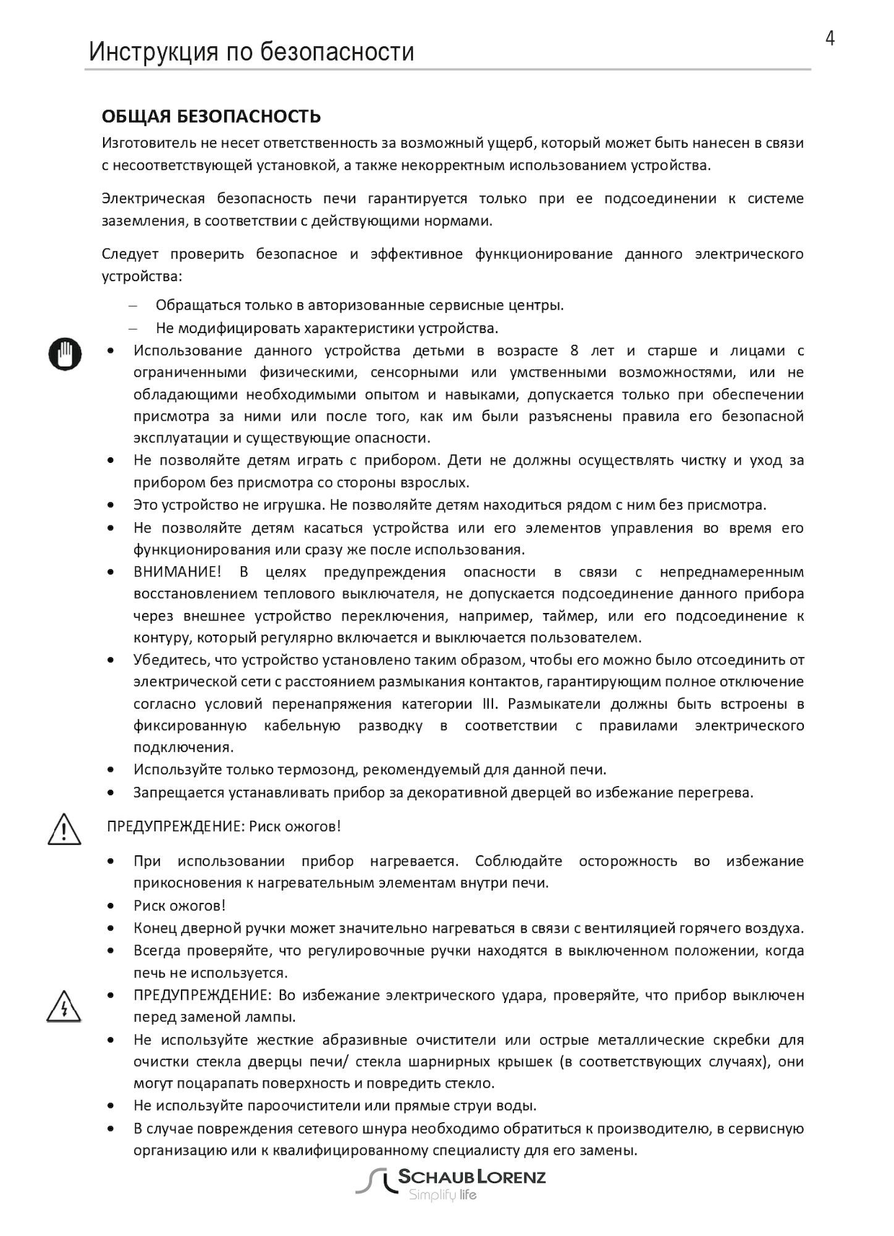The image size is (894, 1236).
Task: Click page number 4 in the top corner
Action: (830, 39)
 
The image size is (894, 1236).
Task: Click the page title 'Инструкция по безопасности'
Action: (251, 52)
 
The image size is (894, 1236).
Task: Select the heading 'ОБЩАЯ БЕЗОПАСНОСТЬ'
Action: (211, 116)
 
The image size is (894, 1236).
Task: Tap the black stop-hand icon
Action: (65, 354)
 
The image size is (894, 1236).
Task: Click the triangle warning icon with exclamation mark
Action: (64, 829)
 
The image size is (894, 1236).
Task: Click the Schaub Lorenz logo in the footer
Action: (451, 1177)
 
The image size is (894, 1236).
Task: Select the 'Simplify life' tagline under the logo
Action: (442, 1195)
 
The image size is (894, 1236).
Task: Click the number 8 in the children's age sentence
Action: (575, 351)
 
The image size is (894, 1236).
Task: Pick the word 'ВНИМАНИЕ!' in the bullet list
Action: (177, 572)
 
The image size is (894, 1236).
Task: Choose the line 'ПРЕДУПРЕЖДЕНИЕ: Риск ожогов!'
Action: (224, 826)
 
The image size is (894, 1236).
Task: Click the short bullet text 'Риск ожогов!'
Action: (179, 905)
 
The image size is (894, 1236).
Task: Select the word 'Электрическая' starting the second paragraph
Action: (153, 198)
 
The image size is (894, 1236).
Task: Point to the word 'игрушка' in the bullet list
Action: (293, 505)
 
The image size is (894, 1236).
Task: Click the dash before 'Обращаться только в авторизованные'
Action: (132, 306)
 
